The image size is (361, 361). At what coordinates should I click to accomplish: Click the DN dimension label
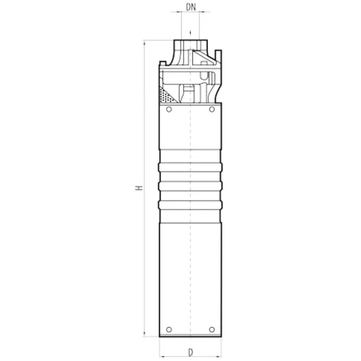click(191, 7)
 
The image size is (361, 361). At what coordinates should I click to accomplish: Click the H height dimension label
click(139, 188)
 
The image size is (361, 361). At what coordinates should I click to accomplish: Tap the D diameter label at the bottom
click(191, 353)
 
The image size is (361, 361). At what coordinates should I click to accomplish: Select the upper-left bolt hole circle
click(169, 110)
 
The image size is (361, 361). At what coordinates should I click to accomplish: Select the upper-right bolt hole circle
click(212, 110)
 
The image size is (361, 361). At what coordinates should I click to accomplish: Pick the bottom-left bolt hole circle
click(169, 329)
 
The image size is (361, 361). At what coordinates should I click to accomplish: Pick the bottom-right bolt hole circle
click(212, 329)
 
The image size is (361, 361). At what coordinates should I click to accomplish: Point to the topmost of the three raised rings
click(190, 168)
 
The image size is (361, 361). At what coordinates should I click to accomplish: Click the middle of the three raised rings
click(190, 186)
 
